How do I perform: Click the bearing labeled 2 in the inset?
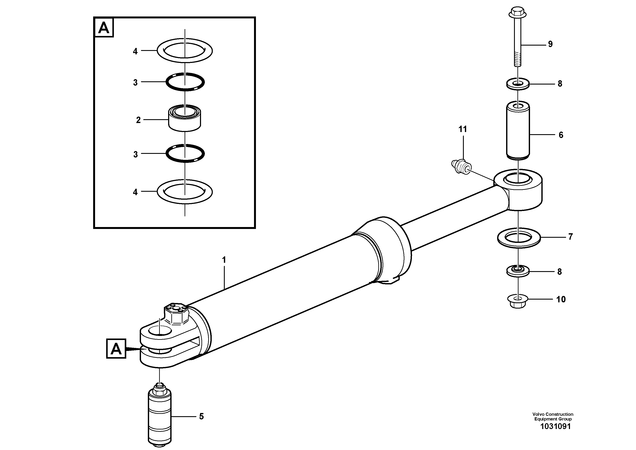pyautogui.click(x=185, y=118)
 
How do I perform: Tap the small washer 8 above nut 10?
pyautogui.click(x=517, y=271)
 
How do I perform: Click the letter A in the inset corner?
pyautogui.click(x=104, y=28)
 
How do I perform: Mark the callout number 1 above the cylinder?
pyautogui.click(x=224, y=260)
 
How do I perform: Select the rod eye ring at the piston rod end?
pyautogui.click(x=518, y=189)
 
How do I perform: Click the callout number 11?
pyautogui.click(x=463, y=129)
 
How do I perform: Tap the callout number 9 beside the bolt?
pyautogui.click(x=550, y=44)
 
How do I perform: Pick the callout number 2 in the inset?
pyautogui.click(x=138, y=120)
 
